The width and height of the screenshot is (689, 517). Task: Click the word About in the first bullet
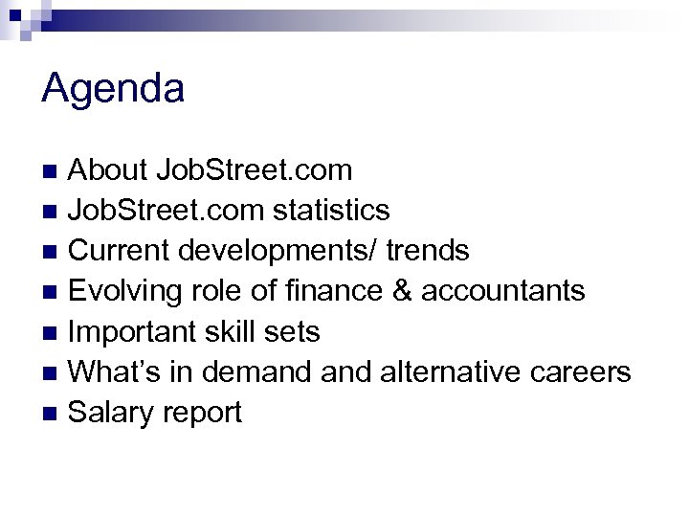click(x=106, y=170)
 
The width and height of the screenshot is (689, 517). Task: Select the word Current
click(x=120, y=251)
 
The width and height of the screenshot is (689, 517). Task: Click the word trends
click(x=429, y=251)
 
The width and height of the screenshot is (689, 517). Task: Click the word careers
click(x=585, y=372)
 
